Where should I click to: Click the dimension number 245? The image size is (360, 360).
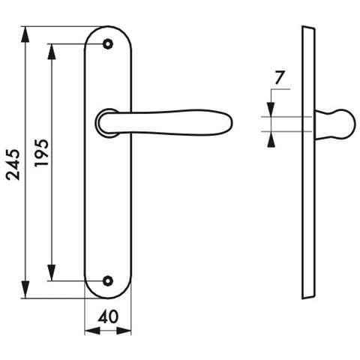coord(13,164)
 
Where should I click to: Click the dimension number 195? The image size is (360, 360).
coord(41,153)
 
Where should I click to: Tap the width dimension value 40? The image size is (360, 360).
coord(108,317)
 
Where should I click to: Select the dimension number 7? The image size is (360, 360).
coord(280,78)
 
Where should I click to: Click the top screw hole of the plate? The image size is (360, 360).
coord(108,44)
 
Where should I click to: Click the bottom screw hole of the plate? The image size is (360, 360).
coord(108,281)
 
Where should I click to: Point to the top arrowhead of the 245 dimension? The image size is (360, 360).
coord(25,34)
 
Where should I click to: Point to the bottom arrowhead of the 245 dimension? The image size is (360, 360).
coord(25,290)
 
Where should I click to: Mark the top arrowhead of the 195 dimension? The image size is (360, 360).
coord(52,52)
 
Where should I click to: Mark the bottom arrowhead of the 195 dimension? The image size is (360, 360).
coord(52,273)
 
